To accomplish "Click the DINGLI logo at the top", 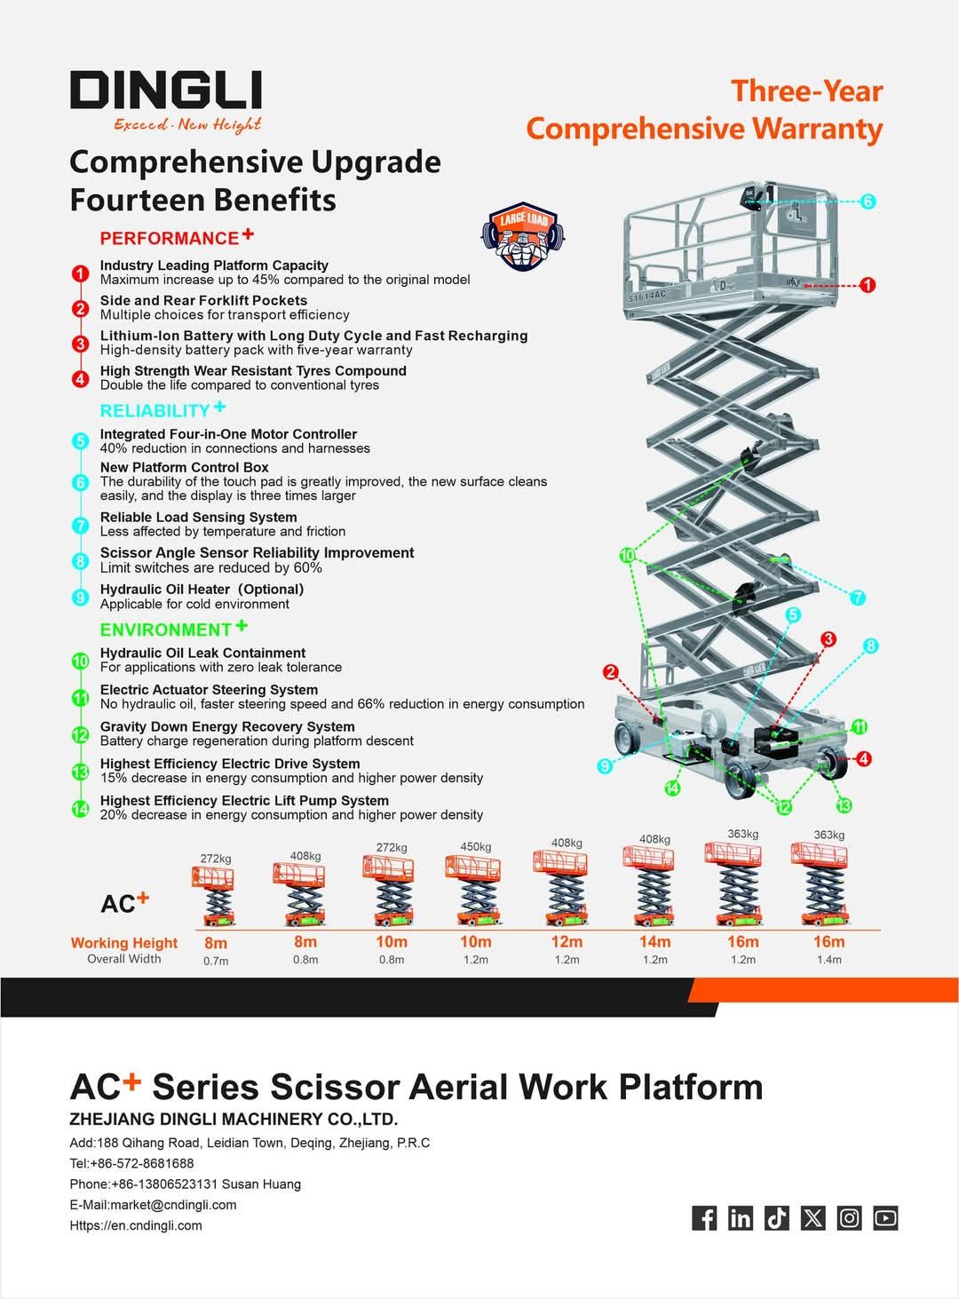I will (166, 91).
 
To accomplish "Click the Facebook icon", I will (703, 1217).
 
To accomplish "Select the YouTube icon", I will (885, 1217).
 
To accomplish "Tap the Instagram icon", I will (849, 1217).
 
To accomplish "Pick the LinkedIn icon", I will (740, 1217).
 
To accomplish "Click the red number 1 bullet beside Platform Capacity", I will (81, 273).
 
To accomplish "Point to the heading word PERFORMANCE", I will (169, 238).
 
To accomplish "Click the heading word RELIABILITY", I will (155, 411).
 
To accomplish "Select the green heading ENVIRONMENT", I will (165, 630).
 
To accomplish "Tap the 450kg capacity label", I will (475, 846).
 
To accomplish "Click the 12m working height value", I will (567, 941).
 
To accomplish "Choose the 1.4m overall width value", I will (828, 959).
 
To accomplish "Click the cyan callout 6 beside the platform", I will (868, 202).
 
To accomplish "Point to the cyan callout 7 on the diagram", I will (857, 598).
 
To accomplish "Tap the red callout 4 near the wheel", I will (863, 759).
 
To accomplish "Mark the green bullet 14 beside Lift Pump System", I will (81, 808).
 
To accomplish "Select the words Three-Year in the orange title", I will (806, 91).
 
